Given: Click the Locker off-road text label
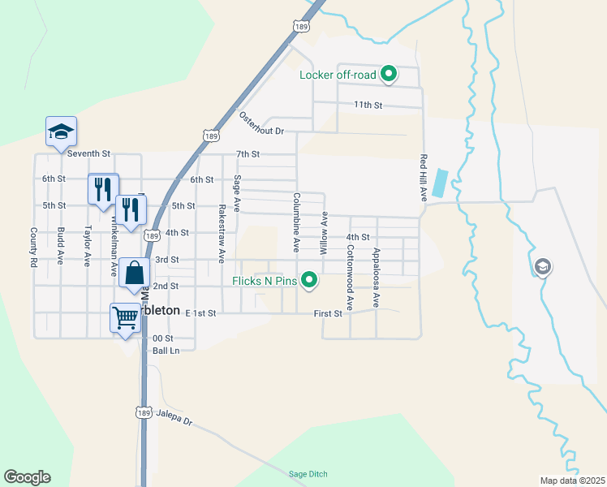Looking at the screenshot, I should click(x=338, y=75).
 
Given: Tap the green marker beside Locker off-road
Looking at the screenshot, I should click(x=389, y=75).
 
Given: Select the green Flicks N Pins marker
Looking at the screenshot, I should click(x=308, y=282).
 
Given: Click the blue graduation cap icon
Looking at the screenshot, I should click(x=60, y=131).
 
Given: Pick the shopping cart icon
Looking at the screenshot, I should click(x=125, y=317).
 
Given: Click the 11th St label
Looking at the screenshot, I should click(x=367, y=105).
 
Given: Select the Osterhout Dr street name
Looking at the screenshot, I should click(x=261, y=123).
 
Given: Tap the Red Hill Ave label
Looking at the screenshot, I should click(x=424, y=178).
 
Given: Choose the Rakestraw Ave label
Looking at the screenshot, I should click(x=221, y=233).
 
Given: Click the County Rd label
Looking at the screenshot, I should click(x=34, y=248).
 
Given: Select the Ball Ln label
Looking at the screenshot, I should click(x=165, y=351).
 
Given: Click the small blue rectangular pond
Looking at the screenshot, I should click(x=439, y=183).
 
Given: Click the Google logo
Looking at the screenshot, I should click(x=27, y=477).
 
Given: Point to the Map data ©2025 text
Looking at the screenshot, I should click(x=571, y=481).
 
